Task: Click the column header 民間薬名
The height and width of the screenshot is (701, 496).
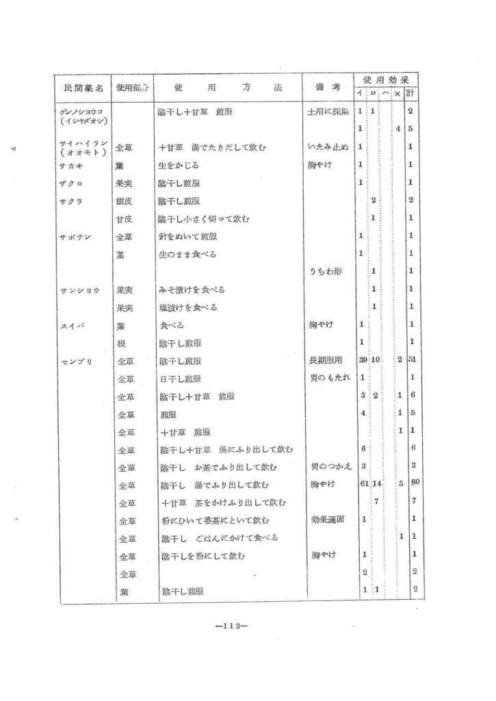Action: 83,89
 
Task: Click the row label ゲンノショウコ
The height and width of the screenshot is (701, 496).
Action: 81,111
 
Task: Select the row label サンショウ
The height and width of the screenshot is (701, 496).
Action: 79,290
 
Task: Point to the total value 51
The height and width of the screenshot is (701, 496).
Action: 412,360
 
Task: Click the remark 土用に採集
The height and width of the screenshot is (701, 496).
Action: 328,111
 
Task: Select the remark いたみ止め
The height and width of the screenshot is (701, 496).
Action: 328,146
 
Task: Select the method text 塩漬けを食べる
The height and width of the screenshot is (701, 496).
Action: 187,307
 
